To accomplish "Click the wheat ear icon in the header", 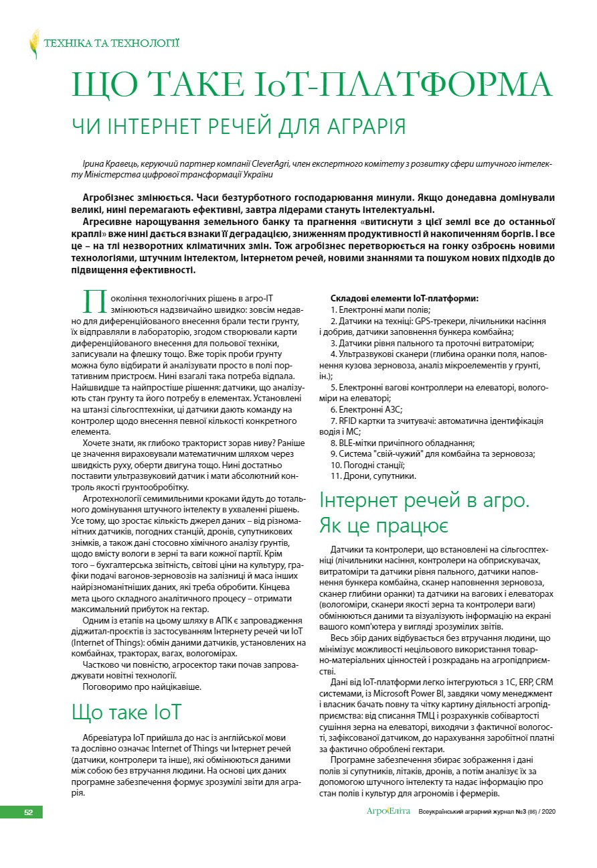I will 34,44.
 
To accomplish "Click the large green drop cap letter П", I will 94,301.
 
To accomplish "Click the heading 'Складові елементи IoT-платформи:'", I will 404,298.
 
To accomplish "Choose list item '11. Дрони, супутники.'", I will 373,476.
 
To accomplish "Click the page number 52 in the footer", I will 29,812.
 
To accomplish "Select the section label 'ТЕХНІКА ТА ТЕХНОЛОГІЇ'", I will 111,44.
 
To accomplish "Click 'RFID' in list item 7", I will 348,421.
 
